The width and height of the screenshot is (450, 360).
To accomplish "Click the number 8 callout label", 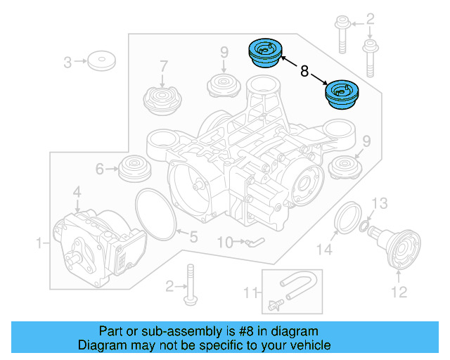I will click(x=304, y=71).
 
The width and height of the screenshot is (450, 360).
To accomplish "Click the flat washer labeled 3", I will click(x=103, y=61).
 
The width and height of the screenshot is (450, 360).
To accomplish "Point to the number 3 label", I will click(x=68, y=63).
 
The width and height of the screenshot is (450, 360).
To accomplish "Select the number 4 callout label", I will click(x=77, y=191).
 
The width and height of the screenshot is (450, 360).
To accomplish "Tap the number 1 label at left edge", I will click(x=39, y=243).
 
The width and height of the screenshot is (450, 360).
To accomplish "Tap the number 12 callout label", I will click(x=399, y=292).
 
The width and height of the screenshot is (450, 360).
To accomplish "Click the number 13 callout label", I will click(x=379, y=204).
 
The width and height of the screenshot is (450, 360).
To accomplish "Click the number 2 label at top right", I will click(x=371, y=18).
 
